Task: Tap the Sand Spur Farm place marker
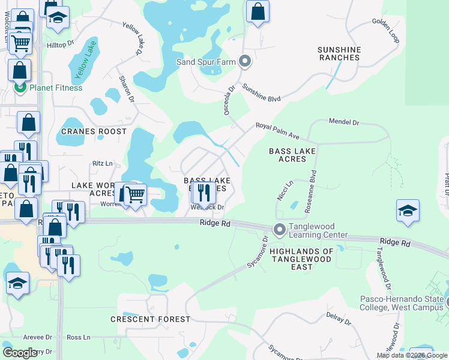(244, 61)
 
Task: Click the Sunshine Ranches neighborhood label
(339, 53)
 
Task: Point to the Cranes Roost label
(94, 131)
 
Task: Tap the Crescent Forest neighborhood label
(150, 319)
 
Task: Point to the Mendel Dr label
(343, 122)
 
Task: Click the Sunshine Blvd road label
(261, 95)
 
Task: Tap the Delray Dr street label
(339, 319)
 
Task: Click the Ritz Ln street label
(102, 163)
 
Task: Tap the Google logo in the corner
(21, 353)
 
